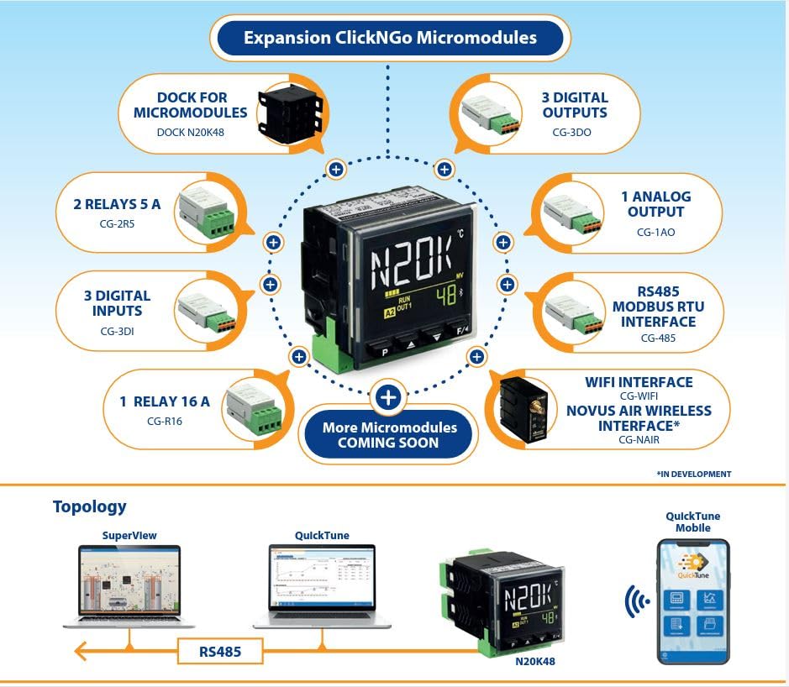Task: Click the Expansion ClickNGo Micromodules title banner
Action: tap(390, 38)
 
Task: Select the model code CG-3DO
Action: tap(572, 132)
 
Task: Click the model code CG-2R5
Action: tap(118, 224)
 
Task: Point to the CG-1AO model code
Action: tap(655, 233)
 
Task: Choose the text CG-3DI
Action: tap(118, 330)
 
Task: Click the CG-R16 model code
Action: tap(164, 421)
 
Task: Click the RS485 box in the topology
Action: tap(219, 650)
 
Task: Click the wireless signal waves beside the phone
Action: tap(638, 601)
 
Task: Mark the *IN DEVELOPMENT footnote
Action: tap(693, 474)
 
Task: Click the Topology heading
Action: tap(89, 506)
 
